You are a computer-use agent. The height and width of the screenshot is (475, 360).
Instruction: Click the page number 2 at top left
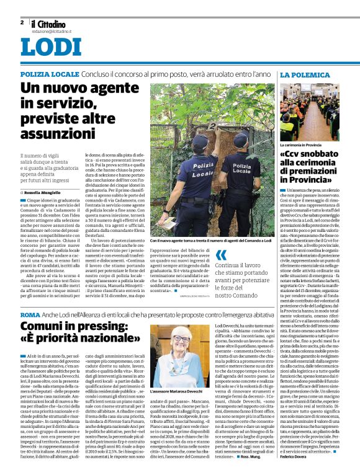tap(22, 22)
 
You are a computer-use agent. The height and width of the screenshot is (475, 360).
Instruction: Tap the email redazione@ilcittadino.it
tap(49, 30)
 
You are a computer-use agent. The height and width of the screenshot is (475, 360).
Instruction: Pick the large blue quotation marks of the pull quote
tap(221, 255)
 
